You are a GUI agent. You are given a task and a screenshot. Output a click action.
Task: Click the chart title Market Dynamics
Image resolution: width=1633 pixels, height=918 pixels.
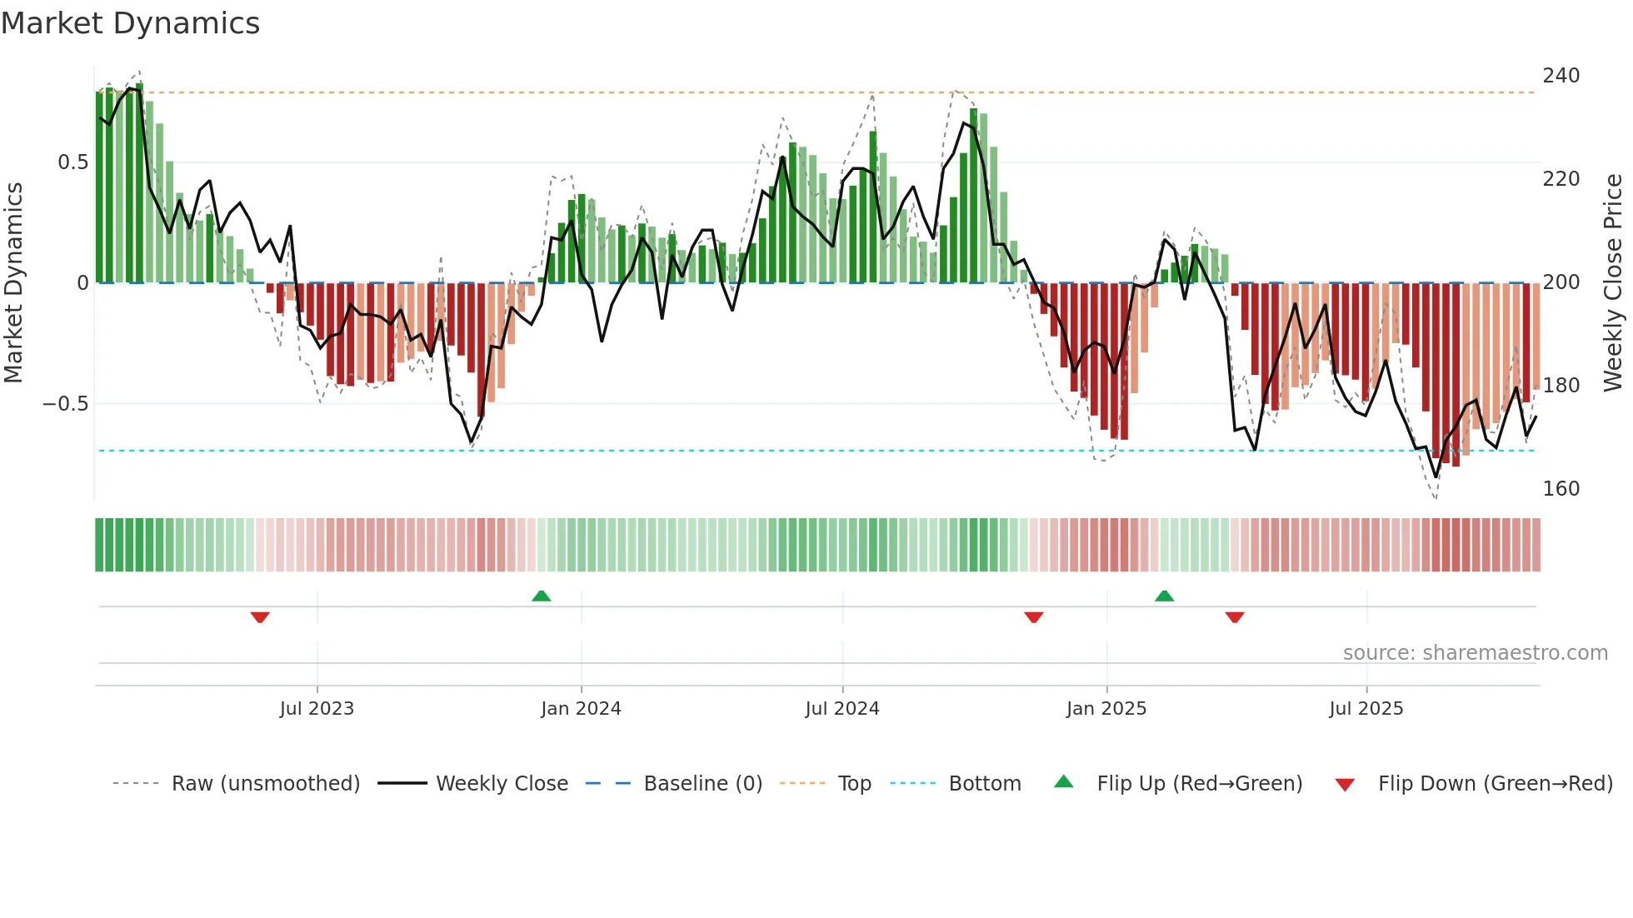130,23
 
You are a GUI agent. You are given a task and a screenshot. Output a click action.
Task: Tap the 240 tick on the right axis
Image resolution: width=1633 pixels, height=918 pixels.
1561,76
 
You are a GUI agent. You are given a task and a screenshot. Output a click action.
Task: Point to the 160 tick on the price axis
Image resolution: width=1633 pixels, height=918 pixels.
1561,489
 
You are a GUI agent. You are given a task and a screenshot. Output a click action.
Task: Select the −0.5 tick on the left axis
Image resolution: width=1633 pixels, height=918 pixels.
65,404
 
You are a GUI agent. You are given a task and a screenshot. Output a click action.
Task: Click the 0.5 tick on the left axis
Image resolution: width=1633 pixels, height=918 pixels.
72,162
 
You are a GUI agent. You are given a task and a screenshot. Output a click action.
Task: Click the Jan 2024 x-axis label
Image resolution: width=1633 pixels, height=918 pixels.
581,709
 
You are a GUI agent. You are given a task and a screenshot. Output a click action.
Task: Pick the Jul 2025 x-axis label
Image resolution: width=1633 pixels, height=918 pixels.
1366,709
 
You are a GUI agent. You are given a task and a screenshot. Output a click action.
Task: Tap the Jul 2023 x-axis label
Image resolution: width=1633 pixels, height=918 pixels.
317,709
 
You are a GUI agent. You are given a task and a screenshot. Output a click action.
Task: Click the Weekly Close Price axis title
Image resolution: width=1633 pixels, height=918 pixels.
1613,283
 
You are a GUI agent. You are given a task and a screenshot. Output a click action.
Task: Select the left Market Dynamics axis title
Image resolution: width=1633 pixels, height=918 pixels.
13,283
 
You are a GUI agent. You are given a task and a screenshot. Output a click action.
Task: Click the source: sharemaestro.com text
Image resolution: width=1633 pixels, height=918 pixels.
1475,653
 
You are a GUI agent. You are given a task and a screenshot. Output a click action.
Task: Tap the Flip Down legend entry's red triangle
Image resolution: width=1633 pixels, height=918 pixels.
1344,785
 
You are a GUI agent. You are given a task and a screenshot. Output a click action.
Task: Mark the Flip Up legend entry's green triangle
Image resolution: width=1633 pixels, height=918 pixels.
1063,782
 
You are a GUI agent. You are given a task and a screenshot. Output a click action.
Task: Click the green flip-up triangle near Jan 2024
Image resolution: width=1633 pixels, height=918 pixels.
542,596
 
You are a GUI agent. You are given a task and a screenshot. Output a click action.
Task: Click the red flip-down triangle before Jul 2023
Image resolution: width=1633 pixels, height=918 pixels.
260,617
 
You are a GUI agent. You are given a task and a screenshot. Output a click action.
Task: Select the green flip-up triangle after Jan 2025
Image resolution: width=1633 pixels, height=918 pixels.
1164,596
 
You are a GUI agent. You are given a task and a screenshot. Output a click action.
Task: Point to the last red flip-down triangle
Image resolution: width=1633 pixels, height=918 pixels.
1235,617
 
